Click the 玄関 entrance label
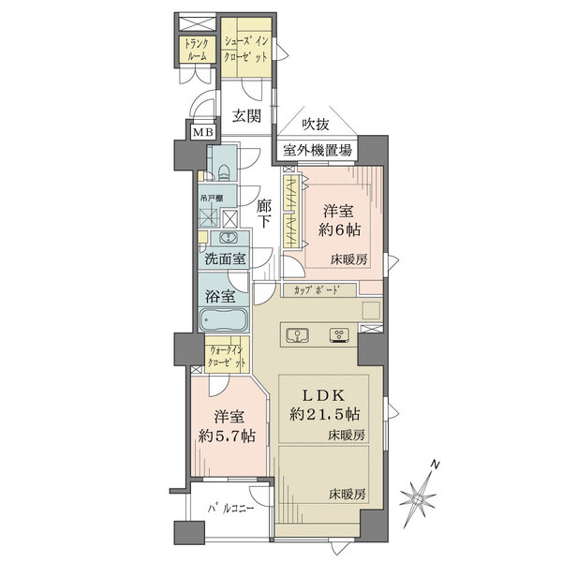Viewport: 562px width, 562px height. [x=246, y=116]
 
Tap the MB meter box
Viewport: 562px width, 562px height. [x=203, y=132]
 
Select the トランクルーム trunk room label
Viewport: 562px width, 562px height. [x=197, y=50]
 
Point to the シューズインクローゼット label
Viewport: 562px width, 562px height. [x=246, y=50]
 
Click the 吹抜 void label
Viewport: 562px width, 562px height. [x=315, y=124]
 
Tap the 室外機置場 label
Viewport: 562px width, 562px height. [x=318, y=150]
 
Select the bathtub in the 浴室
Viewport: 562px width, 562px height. [x=223, y=319]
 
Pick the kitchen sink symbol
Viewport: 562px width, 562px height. [x=298, y=334]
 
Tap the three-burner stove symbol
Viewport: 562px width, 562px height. [x=339, y=335]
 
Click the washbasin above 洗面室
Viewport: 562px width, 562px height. [x=228, y=237]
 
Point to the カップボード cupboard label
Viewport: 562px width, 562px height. [x=317, y=290]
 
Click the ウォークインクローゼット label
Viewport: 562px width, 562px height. [x=228, y=356]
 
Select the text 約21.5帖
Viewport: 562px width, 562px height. [x=324, y=415]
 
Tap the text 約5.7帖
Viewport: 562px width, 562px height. [x=228, y=436]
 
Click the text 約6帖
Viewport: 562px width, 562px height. [x=339, y=229]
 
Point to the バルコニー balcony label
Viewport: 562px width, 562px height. [x=231, y=509]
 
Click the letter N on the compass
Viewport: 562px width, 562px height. [x=435, y=465]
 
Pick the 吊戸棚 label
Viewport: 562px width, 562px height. [x=212, y=198]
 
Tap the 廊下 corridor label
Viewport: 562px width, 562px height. [x=264, y=214]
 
